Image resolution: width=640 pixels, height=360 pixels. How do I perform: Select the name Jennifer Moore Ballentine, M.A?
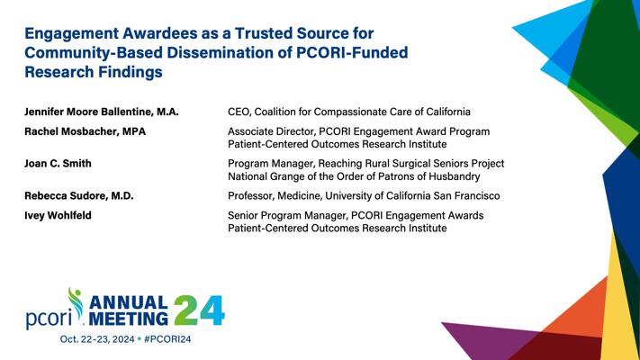[102, 112]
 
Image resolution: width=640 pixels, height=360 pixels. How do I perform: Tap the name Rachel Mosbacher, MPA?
[85, 131]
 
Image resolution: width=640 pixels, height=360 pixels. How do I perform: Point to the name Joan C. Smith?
[58, 163]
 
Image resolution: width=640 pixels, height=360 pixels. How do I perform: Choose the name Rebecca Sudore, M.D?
[79, 195]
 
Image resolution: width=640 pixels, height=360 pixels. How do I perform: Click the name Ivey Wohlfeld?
[58, 215]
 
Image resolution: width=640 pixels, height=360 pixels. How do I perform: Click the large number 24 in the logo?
[199, 310]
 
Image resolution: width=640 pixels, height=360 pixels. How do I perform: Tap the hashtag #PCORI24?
[167, 339]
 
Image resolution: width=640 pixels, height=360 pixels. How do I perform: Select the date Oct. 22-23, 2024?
[97, 339]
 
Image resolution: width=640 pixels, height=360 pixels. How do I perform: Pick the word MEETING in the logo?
[128, 319]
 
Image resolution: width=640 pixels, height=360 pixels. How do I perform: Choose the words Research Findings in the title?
[94, 72]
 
